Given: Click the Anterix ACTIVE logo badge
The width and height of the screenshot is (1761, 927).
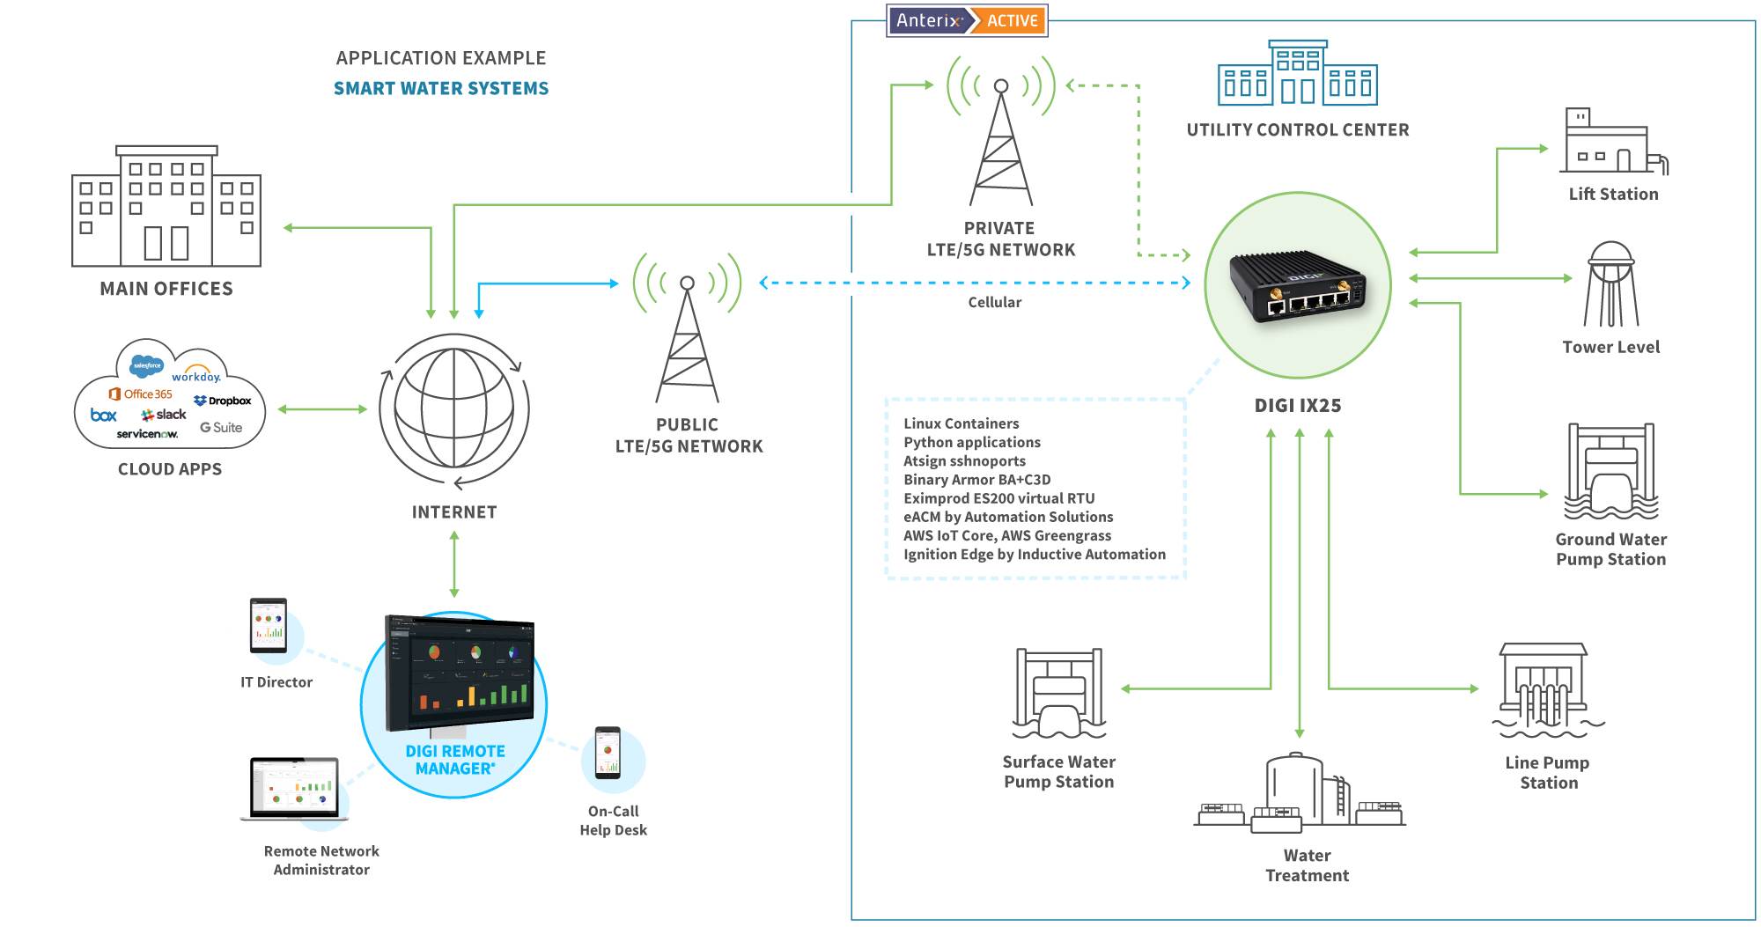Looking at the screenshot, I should tap(967, 20).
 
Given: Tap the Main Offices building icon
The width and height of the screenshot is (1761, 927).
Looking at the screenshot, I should tap(166, 208).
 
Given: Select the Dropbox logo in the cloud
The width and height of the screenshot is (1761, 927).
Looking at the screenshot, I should tap(223, 401).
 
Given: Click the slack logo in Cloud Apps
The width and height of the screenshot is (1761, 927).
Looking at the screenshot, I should tap(164, 415).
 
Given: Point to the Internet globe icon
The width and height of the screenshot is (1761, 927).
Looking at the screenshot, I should tap(454, 410).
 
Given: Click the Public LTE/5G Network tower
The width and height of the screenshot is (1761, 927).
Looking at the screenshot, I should tap(687, 335).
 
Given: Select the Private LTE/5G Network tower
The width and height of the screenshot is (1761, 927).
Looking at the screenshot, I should tap(1001, 141).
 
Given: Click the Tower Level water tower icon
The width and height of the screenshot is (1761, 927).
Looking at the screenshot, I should tap(1611, 285).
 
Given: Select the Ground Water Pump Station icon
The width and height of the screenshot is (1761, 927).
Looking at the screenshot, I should tap(1611, 473).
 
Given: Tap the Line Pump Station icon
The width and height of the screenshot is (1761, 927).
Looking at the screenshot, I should tap(1547, 690).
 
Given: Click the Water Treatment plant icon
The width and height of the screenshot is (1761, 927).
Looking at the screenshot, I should tap(1300, 792).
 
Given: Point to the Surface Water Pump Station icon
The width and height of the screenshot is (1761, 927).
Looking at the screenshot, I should tap(1059, 694).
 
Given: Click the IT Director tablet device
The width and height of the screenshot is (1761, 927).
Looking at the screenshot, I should tap(269, 626).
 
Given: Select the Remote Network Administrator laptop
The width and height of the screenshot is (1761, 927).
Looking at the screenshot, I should tap(294, 789).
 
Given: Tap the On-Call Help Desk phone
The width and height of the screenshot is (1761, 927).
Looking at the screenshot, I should tap(608, 754).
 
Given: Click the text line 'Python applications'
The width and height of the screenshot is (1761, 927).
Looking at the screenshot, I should tap(972, 443).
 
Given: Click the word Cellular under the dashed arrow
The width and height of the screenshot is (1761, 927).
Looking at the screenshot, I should tap(995, 302).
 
